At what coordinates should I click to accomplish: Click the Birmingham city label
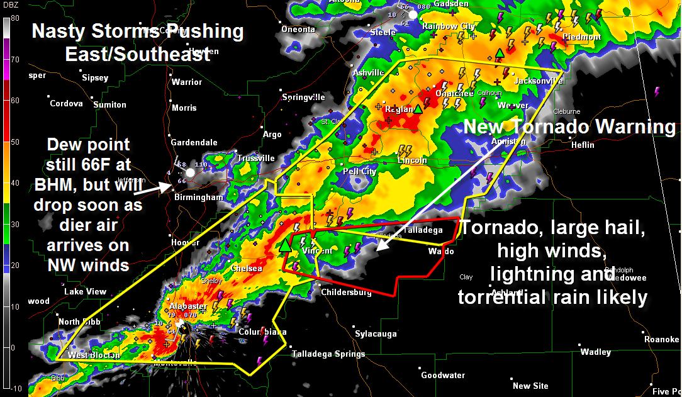point(199,198)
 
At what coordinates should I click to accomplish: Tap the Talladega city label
point(423,230)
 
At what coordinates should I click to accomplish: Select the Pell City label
point(359,172)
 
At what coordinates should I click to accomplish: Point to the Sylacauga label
point(375,333)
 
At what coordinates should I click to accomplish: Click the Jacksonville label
point(538,81)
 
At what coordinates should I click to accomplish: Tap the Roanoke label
point(661,339)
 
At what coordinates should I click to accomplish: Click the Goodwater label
point(443,375)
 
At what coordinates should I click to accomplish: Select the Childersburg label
point(347,293)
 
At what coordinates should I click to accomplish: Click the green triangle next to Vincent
point(286,245)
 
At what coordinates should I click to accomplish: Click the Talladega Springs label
point(328,354)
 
